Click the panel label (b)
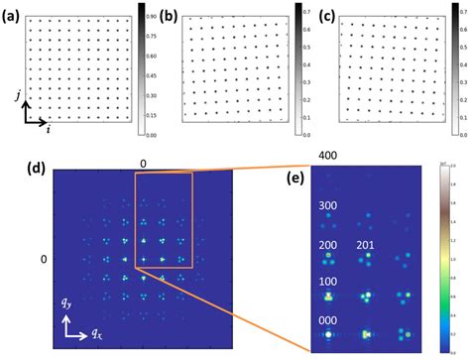pyautogui.click(x=170, y=16)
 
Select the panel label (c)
pyautogui.click(x=326, y=16)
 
